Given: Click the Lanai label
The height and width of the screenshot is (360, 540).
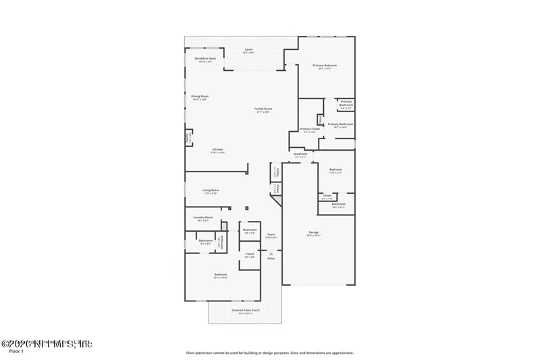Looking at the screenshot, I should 248,50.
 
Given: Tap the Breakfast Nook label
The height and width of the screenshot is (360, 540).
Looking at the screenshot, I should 205,59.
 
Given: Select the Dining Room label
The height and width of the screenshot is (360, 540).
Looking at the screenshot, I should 200,96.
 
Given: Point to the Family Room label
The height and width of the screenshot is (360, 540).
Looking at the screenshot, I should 263,109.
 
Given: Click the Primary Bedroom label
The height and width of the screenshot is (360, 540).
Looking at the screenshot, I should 325,65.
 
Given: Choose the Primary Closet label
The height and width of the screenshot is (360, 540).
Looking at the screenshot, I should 309,128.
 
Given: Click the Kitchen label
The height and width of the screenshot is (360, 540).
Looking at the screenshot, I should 218,149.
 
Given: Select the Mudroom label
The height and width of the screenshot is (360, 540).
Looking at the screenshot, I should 301,154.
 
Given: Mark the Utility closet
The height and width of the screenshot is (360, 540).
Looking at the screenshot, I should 275,173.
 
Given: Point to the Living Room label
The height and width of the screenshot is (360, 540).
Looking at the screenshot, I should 211,190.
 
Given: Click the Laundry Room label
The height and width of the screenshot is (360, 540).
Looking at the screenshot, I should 203,217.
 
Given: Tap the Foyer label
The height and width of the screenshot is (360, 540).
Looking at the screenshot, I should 271,234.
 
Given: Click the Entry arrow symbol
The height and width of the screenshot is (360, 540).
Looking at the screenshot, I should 271,253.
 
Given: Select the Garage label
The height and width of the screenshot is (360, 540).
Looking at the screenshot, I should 314,232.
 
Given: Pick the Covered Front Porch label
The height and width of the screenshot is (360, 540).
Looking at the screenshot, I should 246,310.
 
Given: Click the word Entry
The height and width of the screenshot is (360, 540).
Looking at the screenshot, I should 271,259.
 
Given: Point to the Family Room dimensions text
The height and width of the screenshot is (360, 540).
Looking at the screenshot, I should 263,112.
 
